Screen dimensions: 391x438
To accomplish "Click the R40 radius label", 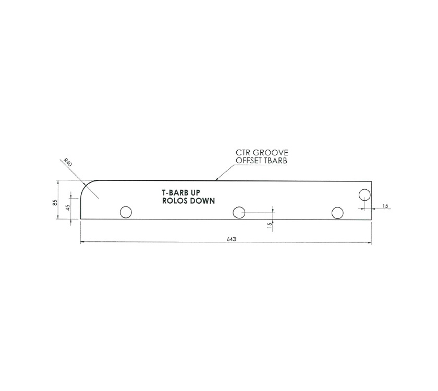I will pos(67,162).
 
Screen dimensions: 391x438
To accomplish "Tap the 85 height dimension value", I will pos(55,202).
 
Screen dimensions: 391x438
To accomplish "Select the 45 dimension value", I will pos(67,208).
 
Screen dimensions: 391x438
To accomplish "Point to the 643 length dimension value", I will pos(231,239).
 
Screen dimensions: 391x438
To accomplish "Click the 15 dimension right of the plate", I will pos(385,206).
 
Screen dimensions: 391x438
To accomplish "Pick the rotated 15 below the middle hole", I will pos(269,225).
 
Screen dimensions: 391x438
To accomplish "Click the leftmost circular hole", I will pos(126,212).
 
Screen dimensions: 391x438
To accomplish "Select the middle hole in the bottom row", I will pos(239,212).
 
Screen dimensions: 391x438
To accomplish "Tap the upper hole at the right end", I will pos(364,195).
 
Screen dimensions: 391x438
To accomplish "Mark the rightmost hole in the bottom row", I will pos(337,213).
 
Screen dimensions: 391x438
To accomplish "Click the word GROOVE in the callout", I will pos(270,153).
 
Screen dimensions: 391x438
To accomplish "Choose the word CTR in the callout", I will pos(244,153).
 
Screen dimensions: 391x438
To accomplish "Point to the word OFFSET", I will pos(250,161).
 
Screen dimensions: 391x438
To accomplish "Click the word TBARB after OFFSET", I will pos(277,161).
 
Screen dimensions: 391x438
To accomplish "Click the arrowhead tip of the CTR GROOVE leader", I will pos(216,181).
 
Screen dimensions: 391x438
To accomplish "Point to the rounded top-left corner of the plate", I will pos(86,187).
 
